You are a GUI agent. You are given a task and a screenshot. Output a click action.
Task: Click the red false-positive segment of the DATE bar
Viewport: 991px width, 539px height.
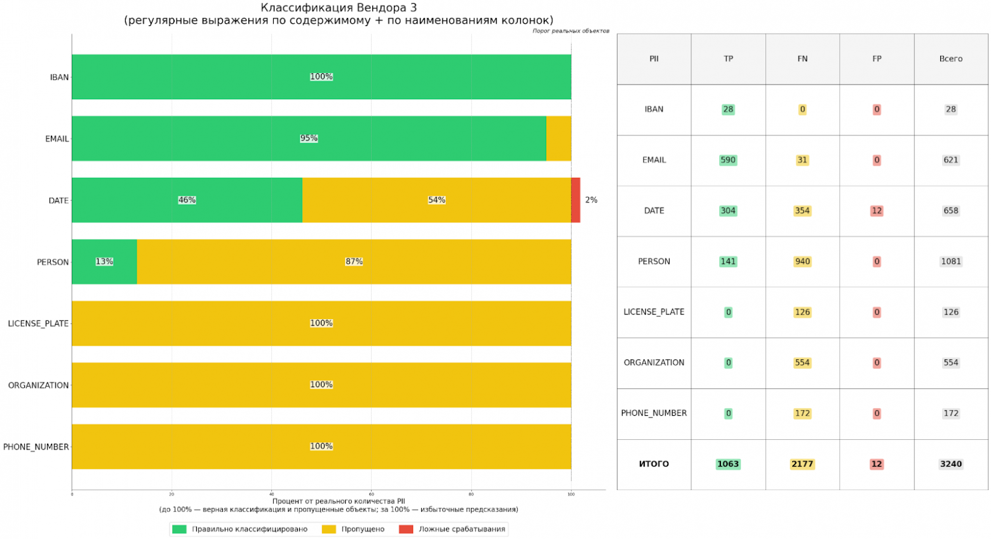(576, 200)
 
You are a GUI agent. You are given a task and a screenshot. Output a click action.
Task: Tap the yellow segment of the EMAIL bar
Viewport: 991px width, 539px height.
(558, 139)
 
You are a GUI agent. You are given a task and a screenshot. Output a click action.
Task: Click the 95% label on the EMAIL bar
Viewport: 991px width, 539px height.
(309, 139)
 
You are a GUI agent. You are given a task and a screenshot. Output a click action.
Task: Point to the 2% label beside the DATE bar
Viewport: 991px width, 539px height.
(591, 200)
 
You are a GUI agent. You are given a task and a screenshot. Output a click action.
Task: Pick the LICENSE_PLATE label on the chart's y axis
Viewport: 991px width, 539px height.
(38, 324)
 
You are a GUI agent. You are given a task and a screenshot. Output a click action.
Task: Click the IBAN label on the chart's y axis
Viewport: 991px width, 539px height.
(59, 78)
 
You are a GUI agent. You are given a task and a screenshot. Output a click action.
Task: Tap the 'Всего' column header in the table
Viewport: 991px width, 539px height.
(950, 59)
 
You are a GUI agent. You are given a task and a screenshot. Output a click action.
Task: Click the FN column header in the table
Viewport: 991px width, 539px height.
(802, 59)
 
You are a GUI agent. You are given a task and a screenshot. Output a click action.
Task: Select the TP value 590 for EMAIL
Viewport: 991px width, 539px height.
(728, 160)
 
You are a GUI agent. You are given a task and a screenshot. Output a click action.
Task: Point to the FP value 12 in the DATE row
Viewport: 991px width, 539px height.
(877, 211)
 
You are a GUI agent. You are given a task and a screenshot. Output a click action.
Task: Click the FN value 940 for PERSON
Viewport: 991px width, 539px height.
(802, 261)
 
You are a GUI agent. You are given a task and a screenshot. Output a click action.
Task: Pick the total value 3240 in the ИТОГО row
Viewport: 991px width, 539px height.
(950, 464)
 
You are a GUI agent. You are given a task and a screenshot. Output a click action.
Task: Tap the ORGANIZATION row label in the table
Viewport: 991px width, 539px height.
(654, 363)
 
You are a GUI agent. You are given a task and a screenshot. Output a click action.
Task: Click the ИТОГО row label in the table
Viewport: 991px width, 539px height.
(654, 464)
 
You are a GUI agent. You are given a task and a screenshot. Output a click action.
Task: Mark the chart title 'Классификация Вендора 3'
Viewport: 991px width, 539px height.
(339, 8)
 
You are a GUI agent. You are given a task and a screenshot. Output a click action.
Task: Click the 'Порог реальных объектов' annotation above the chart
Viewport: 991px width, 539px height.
(570, 31)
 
